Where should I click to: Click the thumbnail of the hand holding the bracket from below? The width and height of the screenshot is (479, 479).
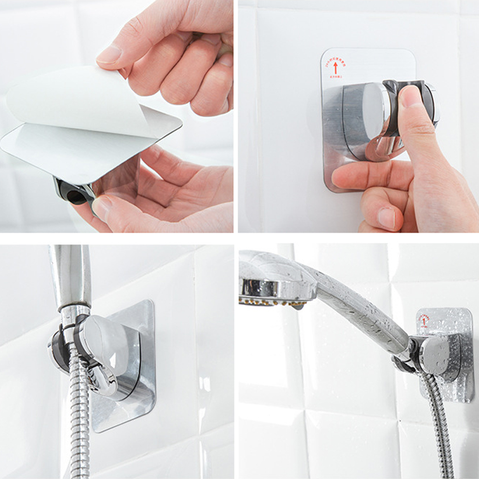101,207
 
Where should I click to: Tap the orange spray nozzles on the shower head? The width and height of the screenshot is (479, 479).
273,302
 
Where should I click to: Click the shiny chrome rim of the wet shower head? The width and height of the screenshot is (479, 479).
278,287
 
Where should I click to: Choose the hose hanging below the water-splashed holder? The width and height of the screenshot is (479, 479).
438,422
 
